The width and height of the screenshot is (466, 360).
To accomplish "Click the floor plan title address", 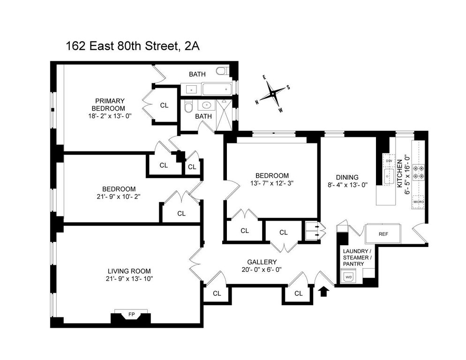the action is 132,46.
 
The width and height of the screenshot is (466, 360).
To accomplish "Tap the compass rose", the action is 272,94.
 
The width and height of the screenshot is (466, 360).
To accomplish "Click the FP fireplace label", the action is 131,314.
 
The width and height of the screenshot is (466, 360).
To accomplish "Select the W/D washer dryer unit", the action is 348,277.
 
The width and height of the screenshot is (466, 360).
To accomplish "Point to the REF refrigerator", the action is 383,234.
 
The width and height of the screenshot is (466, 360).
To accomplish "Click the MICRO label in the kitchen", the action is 418,202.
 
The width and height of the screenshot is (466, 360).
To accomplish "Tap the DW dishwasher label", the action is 389,161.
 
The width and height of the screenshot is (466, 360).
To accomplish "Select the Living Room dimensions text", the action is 129,278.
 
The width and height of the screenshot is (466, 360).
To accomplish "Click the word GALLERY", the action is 262,262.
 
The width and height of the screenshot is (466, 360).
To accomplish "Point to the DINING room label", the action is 347,177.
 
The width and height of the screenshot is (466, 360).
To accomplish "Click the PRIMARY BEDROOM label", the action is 109,105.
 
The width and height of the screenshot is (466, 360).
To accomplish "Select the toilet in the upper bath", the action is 222,71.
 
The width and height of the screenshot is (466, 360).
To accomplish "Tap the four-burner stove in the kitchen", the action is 418,172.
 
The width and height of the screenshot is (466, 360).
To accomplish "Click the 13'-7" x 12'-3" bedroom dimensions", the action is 271,183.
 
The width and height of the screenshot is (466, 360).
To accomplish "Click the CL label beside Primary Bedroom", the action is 164,105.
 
